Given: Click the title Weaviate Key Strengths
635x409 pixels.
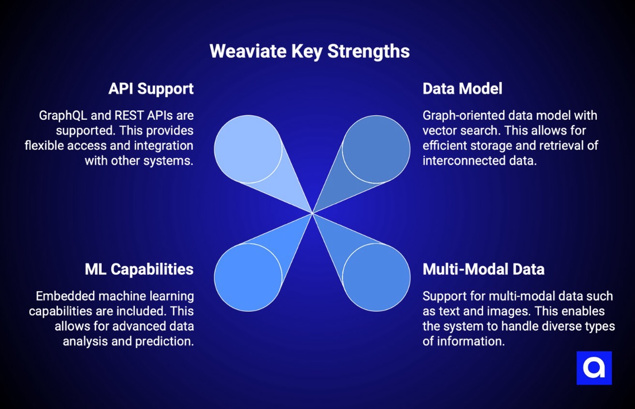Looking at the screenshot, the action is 310,51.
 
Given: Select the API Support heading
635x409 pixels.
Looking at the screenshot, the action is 151,88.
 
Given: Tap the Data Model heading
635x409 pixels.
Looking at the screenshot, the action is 462,88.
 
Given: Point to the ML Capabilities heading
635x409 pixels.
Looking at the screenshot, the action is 139,269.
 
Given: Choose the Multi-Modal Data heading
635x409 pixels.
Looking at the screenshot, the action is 483,269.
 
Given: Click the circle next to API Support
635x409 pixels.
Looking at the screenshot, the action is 248,149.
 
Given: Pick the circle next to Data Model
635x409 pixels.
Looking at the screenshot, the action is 376,149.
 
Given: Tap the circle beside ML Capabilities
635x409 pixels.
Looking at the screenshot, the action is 248,277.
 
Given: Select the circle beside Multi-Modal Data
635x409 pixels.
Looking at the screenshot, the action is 376,277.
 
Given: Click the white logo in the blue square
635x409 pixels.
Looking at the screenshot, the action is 594,368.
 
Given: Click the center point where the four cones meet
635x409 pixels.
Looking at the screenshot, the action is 312,213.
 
